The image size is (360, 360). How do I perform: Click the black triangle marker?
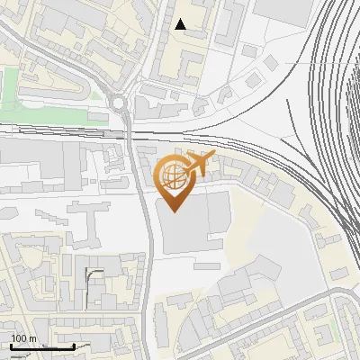tap(182, 24)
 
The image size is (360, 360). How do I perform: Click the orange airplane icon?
tap(201, 164)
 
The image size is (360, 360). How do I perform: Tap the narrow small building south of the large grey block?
tap(206, 266)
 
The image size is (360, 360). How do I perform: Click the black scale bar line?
tap(40, 346)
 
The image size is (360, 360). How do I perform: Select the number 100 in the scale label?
tap(19, 338)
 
